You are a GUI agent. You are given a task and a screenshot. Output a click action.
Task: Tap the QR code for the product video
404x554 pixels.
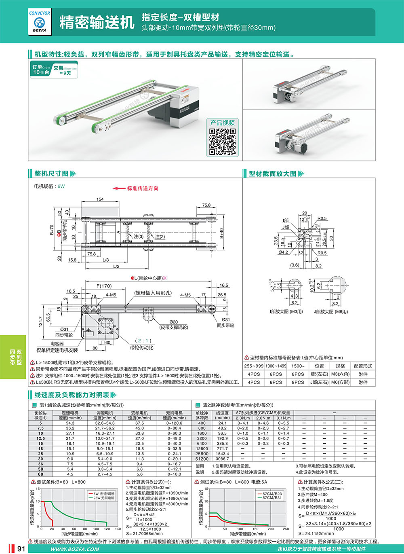[223, 142]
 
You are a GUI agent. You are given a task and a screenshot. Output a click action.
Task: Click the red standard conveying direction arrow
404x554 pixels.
[120, 188]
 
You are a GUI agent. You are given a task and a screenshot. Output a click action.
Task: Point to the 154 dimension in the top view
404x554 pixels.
[100, 199]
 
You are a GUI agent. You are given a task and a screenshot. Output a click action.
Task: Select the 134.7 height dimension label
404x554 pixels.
[40, 322]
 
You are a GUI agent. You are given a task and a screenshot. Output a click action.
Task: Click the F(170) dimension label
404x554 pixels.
[104, 286]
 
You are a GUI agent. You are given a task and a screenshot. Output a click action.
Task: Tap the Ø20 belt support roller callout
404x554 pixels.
[173, 322]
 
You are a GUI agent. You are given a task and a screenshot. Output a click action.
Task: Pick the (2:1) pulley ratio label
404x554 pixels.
[143, 340]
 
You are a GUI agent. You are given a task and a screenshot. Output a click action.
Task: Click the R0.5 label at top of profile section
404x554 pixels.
[322, 218]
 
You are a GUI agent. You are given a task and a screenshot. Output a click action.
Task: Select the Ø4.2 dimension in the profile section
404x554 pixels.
[283, 252]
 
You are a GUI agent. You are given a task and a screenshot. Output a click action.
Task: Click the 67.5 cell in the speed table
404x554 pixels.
[139, 423]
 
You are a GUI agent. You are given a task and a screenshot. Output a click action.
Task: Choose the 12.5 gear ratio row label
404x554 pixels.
[40, 438]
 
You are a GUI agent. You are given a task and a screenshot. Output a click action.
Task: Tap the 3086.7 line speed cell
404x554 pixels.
[222, 459]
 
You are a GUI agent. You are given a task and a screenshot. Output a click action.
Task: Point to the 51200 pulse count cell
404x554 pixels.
[202, 459]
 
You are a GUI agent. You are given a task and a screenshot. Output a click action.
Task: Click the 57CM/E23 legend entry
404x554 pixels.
[272, 494]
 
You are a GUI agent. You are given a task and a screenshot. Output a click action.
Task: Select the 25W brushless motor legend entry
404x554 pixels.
[104, 498]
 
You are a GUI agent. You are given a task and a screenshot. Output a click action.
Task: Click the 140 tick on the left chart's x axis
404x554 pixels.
[118, 529]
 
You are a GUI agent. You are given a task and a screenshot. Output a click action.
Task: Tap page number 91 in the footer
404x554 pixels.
[21, 549]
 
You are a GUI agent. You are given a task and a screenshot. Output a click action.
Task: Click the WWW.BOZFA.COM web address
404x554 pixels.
[75, 549]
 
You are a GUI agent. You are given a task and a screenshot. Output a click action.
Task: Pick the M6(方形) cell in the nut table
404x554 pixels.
[340, 382]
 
